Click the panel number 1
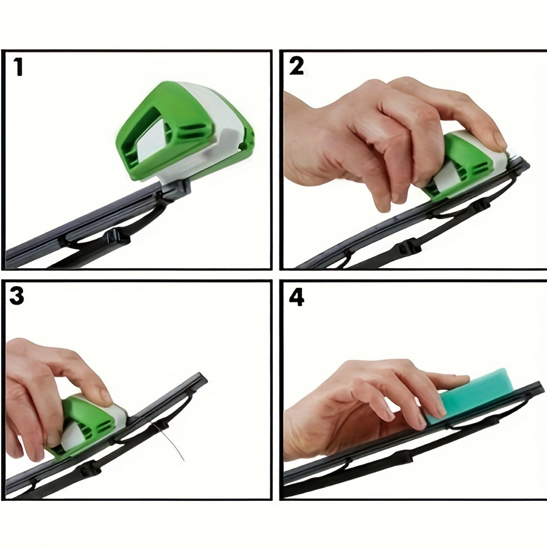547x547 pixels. (x=18, y=67)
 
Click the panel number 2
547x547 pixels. (x=296, y=66)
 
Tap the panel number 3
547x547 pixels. (x=17, y=296)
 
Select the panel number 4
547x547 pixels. (x=297, y=297)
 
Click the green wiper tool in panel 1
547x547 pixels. (x=185, y=132)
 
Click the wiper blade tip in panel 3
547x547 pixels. (x=203, y=377)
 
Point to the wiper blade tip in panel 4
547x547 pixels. (x=540, y=386)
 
